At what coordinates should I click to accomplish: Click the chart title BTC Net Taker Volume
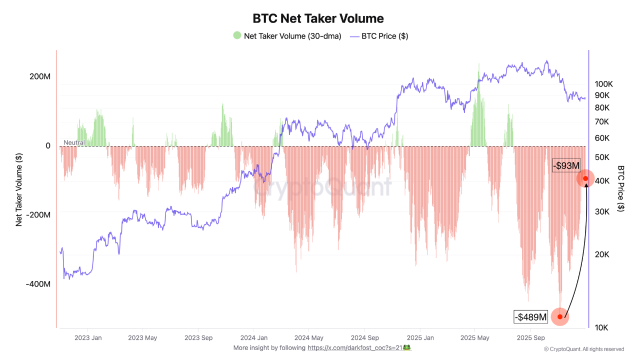pos(318,18)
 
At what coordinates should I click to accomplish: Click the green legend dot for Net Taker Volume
pos(237,35)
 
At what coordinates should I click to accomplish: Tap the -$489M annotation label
pos(531,316)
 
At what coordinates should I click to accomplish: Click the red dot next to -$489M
pos(560,316)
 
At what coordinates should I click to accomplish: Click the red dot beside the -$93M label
pos(585,178)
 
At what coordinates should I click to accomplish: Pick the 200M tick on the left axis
pos(40,77)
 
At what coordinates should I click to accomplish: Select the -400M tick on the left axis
pos(38,284)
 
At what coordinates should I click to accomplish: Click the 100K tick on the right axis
pos(604,84)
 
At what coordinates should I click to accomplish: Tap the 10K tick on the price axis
pos(601,327)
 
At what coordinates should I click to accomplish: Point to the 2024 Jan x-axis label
pos(253,338)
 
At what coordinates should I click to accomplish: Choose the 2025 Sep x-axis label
pos(531,338)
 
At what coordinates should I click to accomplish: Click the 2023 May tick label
pos(142,338)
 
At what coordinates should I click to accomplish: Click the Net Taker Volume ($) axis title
pos(19,189)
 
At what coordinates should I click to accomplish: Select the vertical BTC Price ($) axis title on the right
pos(621,188)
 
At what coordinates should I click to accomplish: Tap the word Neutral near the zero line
pos(74,142)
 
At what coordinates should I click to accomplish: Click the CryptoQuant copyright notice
pos(584,349)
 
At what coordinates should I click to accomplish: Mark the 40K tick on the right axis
pos(601,180)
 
